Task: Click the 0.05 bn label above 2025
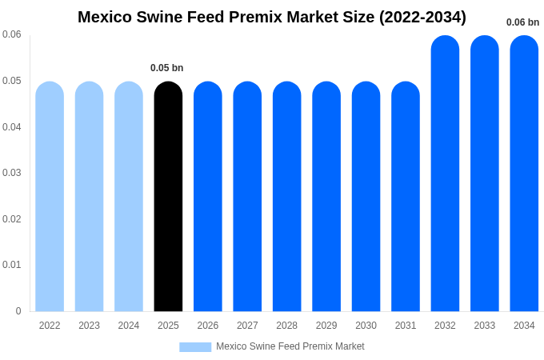[166, 68]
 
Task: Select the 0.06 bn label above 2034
[522, 22]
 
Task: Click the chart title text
[272, 17]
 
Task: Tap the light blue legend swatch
[195, 347]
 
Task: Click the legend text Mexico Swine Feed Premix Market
[290, 346]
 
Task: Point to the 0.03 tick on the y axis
[12, 173]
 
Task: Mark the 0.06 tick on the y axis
[12, 34]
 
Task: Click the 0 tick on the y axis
[18, 311]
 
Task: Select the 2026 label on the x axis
[208, 326]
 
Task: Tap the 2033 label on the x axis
[485, 326]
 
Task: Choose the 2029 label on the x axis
[326, 326]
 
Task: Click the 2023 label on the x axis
[89, 326]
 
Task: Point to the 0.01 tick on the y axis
[12, 265]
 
